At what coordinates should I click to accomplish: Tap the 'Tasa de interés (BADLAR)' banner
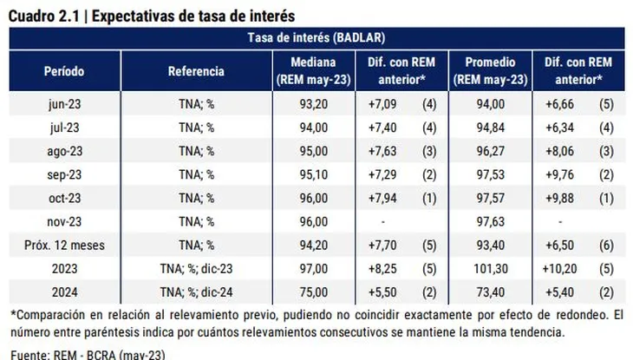(316, 38)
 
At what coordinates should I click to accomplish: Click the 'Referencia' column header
(196, 71)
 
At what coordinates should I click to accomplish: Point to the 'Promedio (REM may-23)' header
(490, 71)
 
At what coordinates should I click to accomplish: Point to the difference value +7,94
(377, 198)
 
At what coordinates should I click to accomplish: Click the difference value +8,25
(377, 268)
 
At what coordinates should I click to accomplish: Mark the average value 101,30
(490, 268)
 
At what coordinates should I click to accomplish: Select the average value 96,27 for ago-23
(490, 151)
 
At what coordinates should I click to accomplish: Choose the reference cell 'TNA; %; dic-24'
(196, 291)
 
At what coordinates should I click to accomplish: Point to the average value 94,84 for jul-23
(490, 128)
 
